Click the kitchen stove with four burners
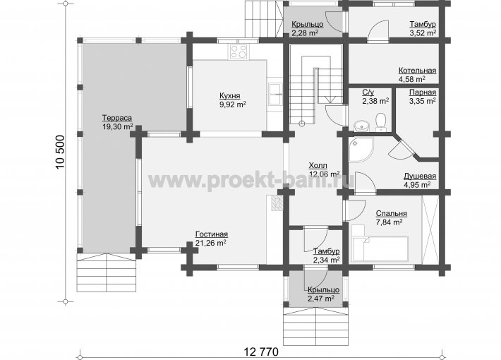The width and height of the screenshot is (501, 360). (x=239, y=52)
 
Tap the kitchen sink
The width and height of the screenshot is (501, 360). (x=275, y=94)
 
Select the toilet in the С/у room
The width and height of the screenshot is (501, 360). (x=380, y=122)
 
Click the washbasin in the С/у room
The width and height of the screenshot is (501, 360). (x=361, y=126)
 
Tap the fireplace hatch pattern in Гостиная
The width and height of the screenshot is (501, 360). (x=277, y=203)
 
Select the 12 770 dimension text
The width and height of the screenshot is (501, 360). (x=261, y=352)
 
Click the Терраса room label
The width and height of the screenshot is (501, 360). (x=117, y=118)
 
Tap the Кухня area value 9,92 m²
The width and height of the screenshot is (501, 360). (x=233, y=104)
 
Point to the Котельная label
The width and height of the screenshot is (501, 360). (x=417, y=71)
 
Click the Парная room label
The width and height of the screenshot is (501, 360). (x=423, y=92)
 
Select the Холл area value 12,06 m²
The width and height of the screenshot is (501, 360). (x=325, y=174)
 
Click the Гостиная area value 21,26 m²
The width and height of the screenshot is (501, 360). (x=211, y=243)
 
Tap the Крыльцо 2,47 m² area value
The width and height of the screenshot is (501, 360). (x=321, y=299)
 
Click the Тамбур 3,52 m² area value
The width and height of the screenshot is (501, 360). (x=423, y=33)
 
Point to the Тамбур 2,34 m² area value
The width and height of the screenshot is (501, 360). (x=327, y=260)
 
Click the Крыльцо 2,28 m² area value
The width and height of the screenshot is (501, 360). (x=305, y=32)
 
